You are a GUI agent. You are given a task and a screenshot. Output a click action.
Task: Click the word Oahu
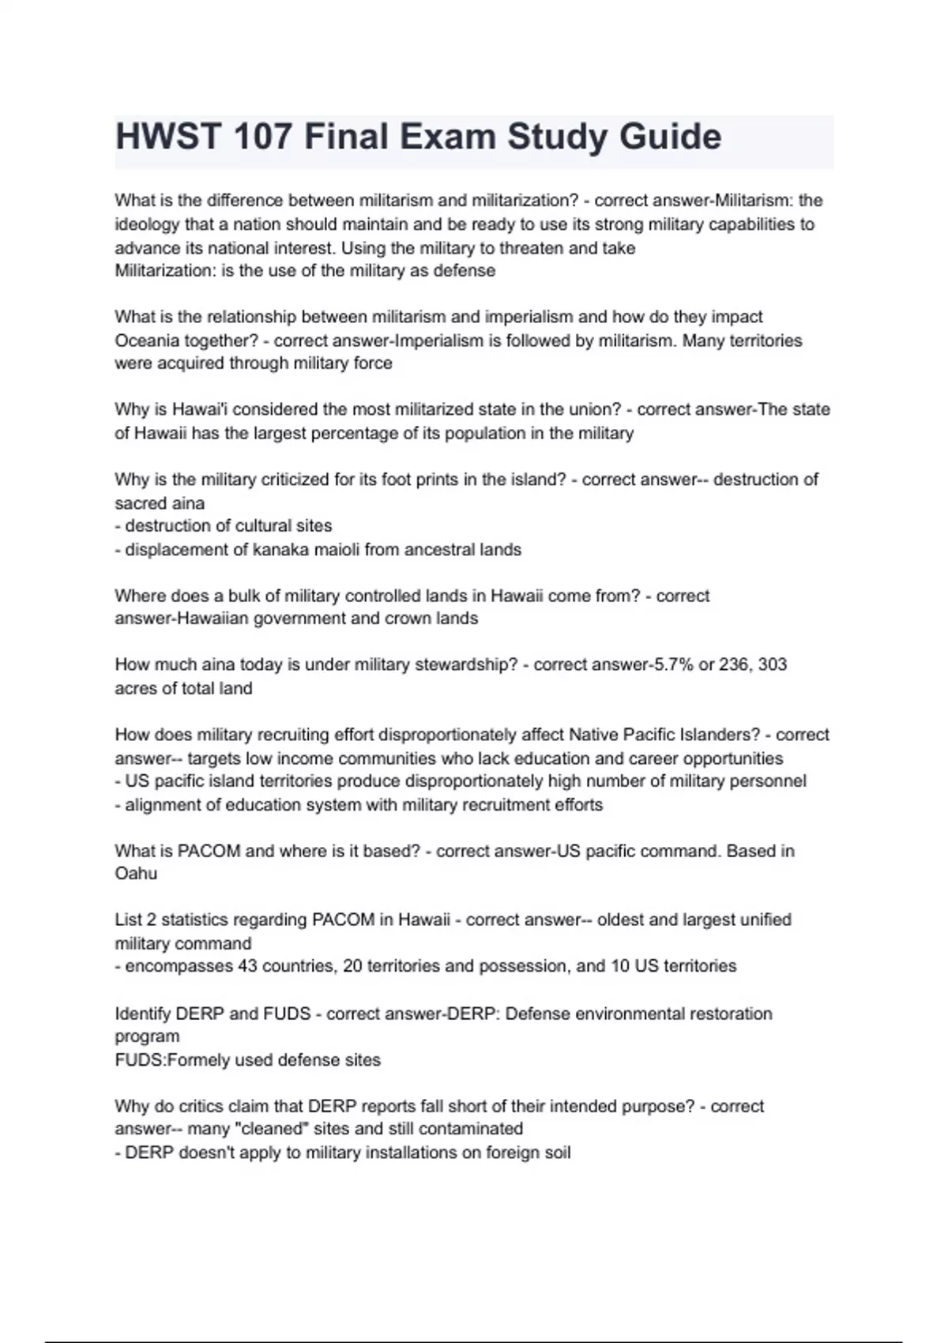136,874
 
